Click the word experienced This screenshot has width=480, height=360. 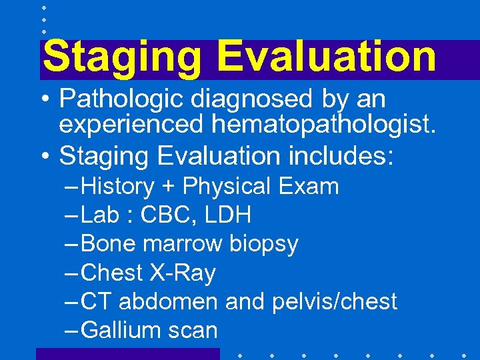tap(134, 125)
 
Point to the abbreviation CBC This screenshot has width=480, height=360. tap(176, 215)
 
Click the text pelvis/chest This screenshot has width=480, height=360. tap(335, 302)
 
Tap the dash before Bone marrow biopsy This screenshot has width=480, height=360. tap(71, 245)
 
